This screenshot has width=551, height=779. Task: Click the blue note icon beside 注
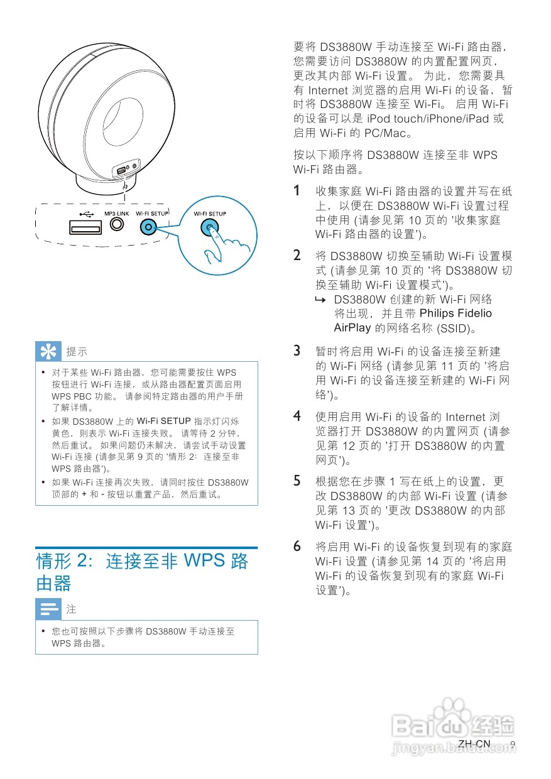48,609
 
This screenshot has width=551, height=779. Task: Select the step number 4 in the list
298,416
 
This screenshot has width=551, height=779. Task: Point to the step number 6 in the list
298,545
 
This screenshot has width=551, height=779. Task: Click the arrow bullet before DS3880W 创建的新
323,300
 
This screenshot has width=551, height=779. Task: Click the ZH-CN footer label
474,744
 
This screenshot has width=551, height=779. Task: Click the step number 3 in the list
298,351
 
